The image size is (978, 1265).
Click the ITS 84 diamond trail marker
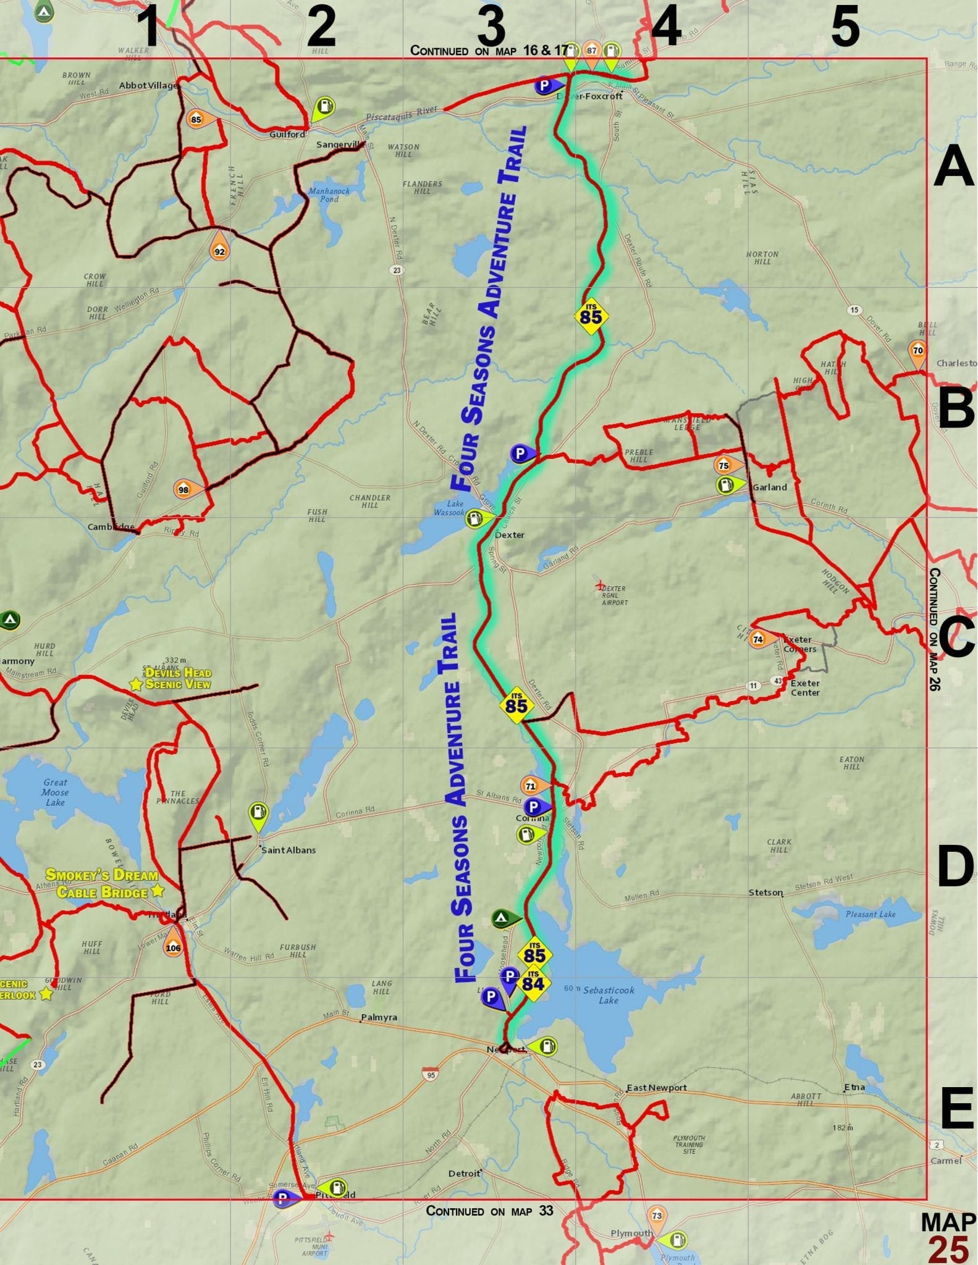point(533,983)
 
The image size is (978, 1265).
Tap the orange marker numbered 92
point(219,250)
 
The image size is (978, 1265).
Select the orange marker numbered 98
point(183,489)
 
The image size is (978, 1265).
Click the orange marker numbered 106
point(173,947)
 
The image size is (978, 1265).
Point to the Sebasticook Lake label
point(608,994)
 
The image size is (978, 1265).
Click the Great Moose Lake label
point(55,792)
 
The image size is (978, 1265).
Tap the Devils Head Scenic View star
point(136,684)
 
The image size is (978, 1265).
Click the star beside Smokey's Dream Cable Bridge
point(158,890)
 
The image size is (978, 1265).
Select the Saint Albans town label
point(288,850)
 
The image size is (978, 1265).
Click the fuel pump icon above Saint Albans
point(258,813)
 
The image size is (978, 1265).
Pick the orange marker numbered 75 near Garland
point(724,465)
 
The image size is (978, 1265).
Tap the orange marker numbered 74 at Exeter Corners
point(758,639)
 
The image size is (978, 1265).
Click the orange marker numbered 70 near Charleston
point(917,350)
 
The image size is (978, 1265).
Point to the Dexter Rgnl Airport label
point(614,595)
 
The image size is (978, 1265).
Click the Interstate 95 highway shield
point(431,1075)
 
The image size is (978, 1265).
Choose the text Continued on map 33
point(489,1211)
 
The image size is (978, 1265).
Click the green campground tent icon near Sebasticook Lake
point(502,918)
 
